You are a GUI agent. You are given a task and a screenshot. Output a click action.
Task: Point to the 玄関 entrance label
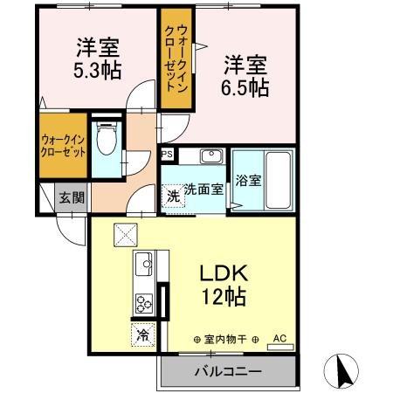point(71,197)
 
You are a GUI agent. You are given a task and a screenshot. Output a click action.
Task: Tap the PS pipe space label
point(168,156)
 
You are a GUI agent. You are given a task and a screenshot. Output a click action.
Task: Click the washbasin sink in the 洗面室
point(211,158)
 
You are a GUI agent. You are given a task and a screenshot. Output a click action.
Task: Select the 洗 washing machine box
point(174,196)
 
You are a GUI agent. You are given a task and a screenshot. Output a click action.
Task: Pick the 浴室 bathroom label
point(249,182)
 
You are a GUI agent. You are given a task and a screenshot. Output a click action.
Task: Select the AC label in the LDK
point(279,335)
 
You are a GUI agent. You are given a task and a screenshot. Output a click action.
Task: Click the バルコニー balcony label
point(227,372)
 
